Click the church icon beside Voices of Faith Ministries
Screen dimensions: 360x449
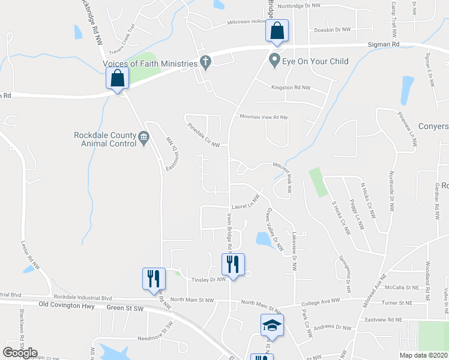click(205, 62)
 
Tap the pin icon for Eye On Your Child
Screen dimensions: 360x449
click(275, 61)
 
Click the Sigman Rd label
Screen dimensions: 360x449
click(388, 44)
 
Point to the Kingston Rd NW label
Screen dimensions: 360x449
click(291, 88)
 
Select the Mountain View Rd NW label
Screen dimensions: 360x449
click(264, 117)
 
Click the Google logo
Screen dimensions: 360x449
click(20, 353)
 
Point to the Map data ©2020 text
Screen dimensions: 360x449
click(423, 355)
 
